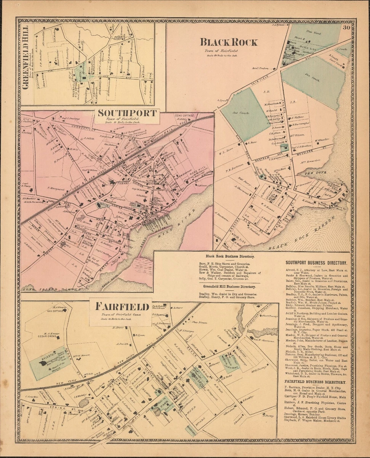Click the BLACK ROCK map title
point(229,42)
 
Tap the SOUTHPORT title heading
point(127,113)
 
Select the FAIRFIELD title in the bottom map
point(117,307)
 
